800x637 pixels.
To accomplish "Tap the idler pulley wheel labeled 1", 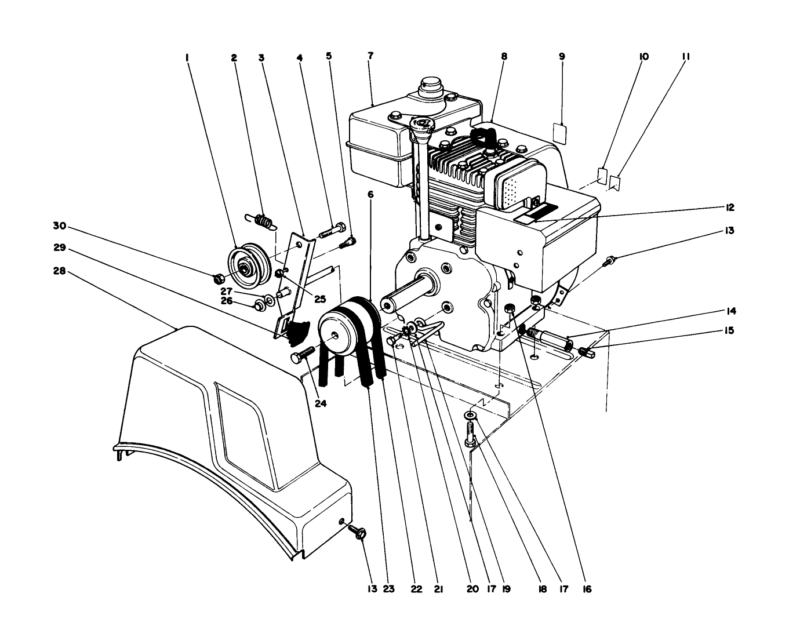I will coord(246,268).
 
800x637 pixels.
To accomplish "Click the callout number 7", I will coord(370,56).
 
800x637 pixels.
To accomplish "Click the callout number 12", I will coord(729,208).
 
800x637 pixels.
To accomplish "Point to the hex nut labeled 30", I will coord(219,279).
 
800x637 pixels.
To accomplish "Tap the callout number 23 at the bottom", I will coord(389,589).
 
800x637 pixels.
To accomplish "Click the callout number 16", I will coord(587,589).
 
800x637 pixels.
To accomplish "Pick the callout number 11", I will coord(685,57).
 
